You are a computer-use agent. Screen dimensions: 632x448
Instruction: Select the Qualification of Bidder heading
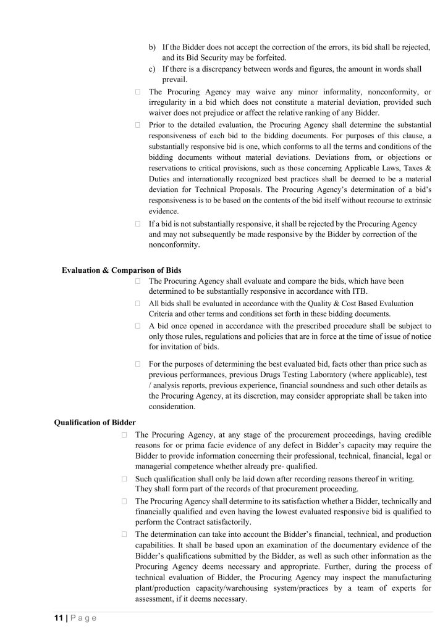(91, 422)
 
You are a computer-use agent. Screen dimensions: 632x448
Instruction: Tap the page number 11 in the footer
(54, 617)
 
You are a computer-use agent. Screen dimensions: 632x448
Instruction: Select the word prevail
(175, 80)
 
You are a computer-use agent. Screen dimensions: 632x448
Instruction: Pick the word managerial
(154, 467)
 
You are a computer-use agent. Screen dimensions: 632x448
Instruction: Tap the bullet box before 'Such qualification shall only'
(124, 478)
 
